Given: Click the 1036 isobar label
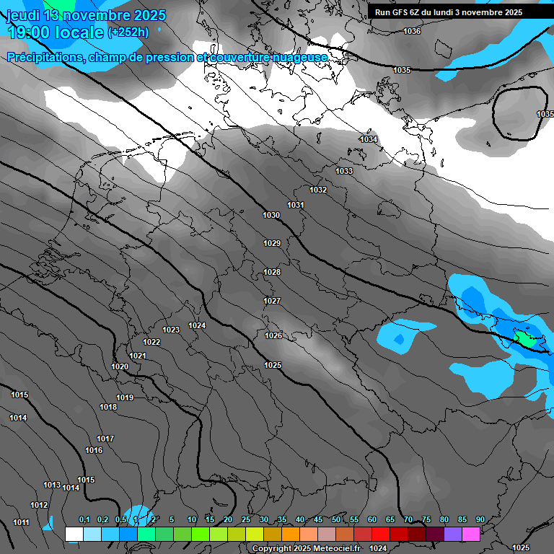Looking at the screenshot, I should [412, 31].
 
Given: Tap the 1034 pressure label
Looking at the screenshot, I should [369, 139].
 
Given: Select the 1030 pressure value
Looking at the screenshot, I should [271, 215].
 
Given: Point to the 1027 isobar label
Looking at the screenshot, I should [272, 301].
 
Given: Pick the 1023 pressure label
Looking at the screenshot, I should [171, 330].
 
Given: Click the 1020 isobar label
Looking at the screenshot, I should [120, 366].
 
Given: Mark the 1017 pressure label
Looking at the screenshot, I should [105, 439].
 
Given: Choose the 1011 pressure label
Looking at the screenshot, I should [21, 522].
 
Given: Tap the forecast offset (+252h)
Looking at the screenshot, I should [128, 32].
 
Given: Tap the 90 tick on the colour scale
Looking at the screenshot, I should [480, 519].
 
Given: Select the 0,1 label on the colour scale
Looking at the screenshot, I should [84, 519].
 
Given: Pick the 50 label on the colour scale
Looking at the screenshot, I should [336, 519].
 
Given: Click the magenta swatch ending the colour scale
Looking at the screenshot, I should [471, 534].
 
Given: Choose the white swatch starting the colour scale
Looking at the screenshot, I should [74, 534].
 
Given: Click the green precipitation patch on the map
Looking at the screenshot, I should [524, 338].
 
